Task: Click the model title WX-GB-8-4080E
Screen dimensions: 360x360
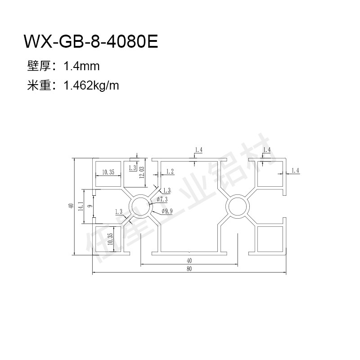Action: coord(91,41)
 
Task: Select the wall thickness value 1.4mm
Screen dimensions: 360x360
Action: coord(81,66)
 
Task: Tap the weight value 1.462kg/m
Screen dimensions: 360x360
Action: coord(91,85)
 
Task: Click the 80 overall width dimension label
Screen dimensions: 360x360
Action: coord(189,269)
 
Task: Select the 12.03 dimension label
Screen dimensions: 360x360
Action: coord(142,172)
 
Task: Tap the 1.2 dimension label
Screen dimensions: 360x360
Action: coord(170,171)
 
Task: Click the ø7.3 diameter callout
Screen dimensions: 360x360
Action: coord(162,199)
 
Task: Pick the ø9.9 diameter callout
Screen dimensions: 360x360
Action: coord(167,211)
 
